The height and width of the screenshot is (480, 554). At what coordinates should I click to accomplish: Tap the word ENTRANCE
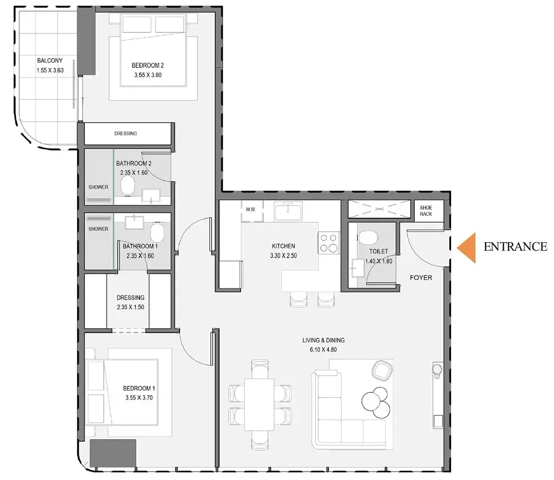tap(515, 247)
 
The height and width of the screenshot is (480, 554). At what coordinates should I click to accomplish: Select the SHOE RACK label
tap(426, 211)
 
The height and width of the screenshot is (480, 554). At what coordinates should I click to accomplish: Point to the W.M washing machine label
tap(250, 209)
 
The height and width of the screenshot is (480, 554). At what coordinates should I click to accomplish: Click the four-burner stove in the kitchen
tap(328, 243)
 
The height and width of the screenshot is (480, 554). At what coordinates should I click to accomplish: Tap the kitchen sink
tap(290, 212)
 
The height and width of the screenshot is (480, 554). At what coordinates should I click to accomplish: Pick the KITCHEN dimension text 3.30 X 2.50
tap(283, 256)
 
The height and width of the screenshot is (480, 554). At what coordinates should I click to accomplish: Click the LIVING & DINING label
tap(323, 340)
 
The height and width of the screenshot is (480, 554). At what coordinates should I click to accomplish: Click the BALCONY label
tap(49, 61)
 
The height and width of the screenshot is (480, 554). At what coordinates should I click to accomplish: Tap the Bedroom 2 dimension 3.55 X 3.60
tap(148, 75)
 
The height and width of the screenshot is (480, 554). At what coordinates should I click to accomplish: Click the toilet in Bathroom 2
tap(128, 185)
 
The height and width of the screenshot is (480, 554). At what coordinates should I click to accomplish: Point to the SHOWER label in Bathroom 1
tap(98, 229)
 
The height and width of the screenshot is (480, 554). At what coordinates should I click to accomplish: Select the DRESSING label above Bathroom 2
tap(125, 134)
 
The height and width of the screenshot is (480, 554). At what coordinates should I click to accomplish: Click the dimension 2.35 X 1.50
tap(131, 307)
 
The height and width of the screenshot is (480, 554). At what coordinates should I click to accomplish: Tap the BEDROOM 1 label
tap(139, 388)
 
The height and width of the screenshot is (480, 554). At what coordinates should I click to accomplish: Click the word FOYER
tap(421, 278)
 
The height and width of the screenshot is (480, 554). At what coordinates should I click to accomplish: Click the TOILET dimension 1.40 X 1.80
tap(378, 261)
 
